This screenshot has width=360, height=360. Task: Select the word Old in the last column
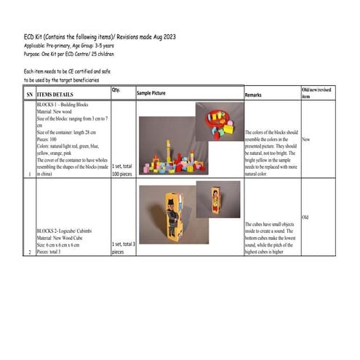coord(305,217)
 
